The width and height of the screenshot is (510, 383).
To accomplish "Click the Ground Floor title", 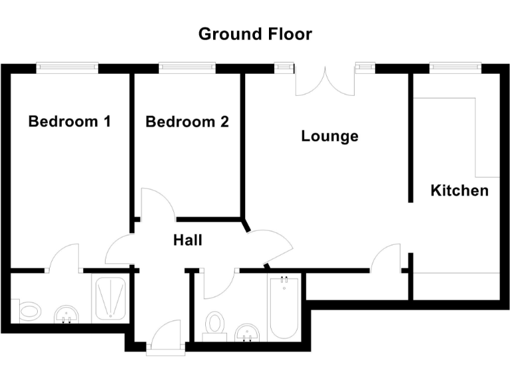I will (255, 34).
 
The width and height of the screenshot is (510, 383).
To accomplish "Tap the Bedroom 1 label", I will (69, 122).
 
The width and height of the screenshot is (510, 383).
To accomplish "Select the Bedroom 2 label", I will (187, 122).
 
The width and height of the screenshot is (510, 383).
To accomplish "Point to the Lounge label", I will (329, 136).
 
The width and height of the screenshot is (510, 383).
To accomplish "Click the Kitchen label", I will (460, 191).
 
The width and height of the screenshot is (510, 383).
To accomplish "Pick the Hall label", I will (187, 240).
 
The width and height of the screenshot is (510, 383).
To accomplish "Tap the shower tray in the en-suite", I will (110, 298).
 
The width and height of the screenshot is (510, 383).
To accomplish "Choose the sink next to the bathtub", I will (248, 331).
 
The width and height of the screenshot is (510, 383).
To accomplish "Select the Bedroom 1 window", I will (67, 66).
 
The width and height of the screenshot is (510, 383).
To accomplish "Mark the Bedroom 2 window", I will (187, 66).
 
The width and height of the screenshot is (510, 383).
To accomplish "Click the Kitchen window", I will (454, 66).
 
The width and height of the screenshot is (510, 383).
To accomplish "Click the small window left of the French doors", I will (284, 66).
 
